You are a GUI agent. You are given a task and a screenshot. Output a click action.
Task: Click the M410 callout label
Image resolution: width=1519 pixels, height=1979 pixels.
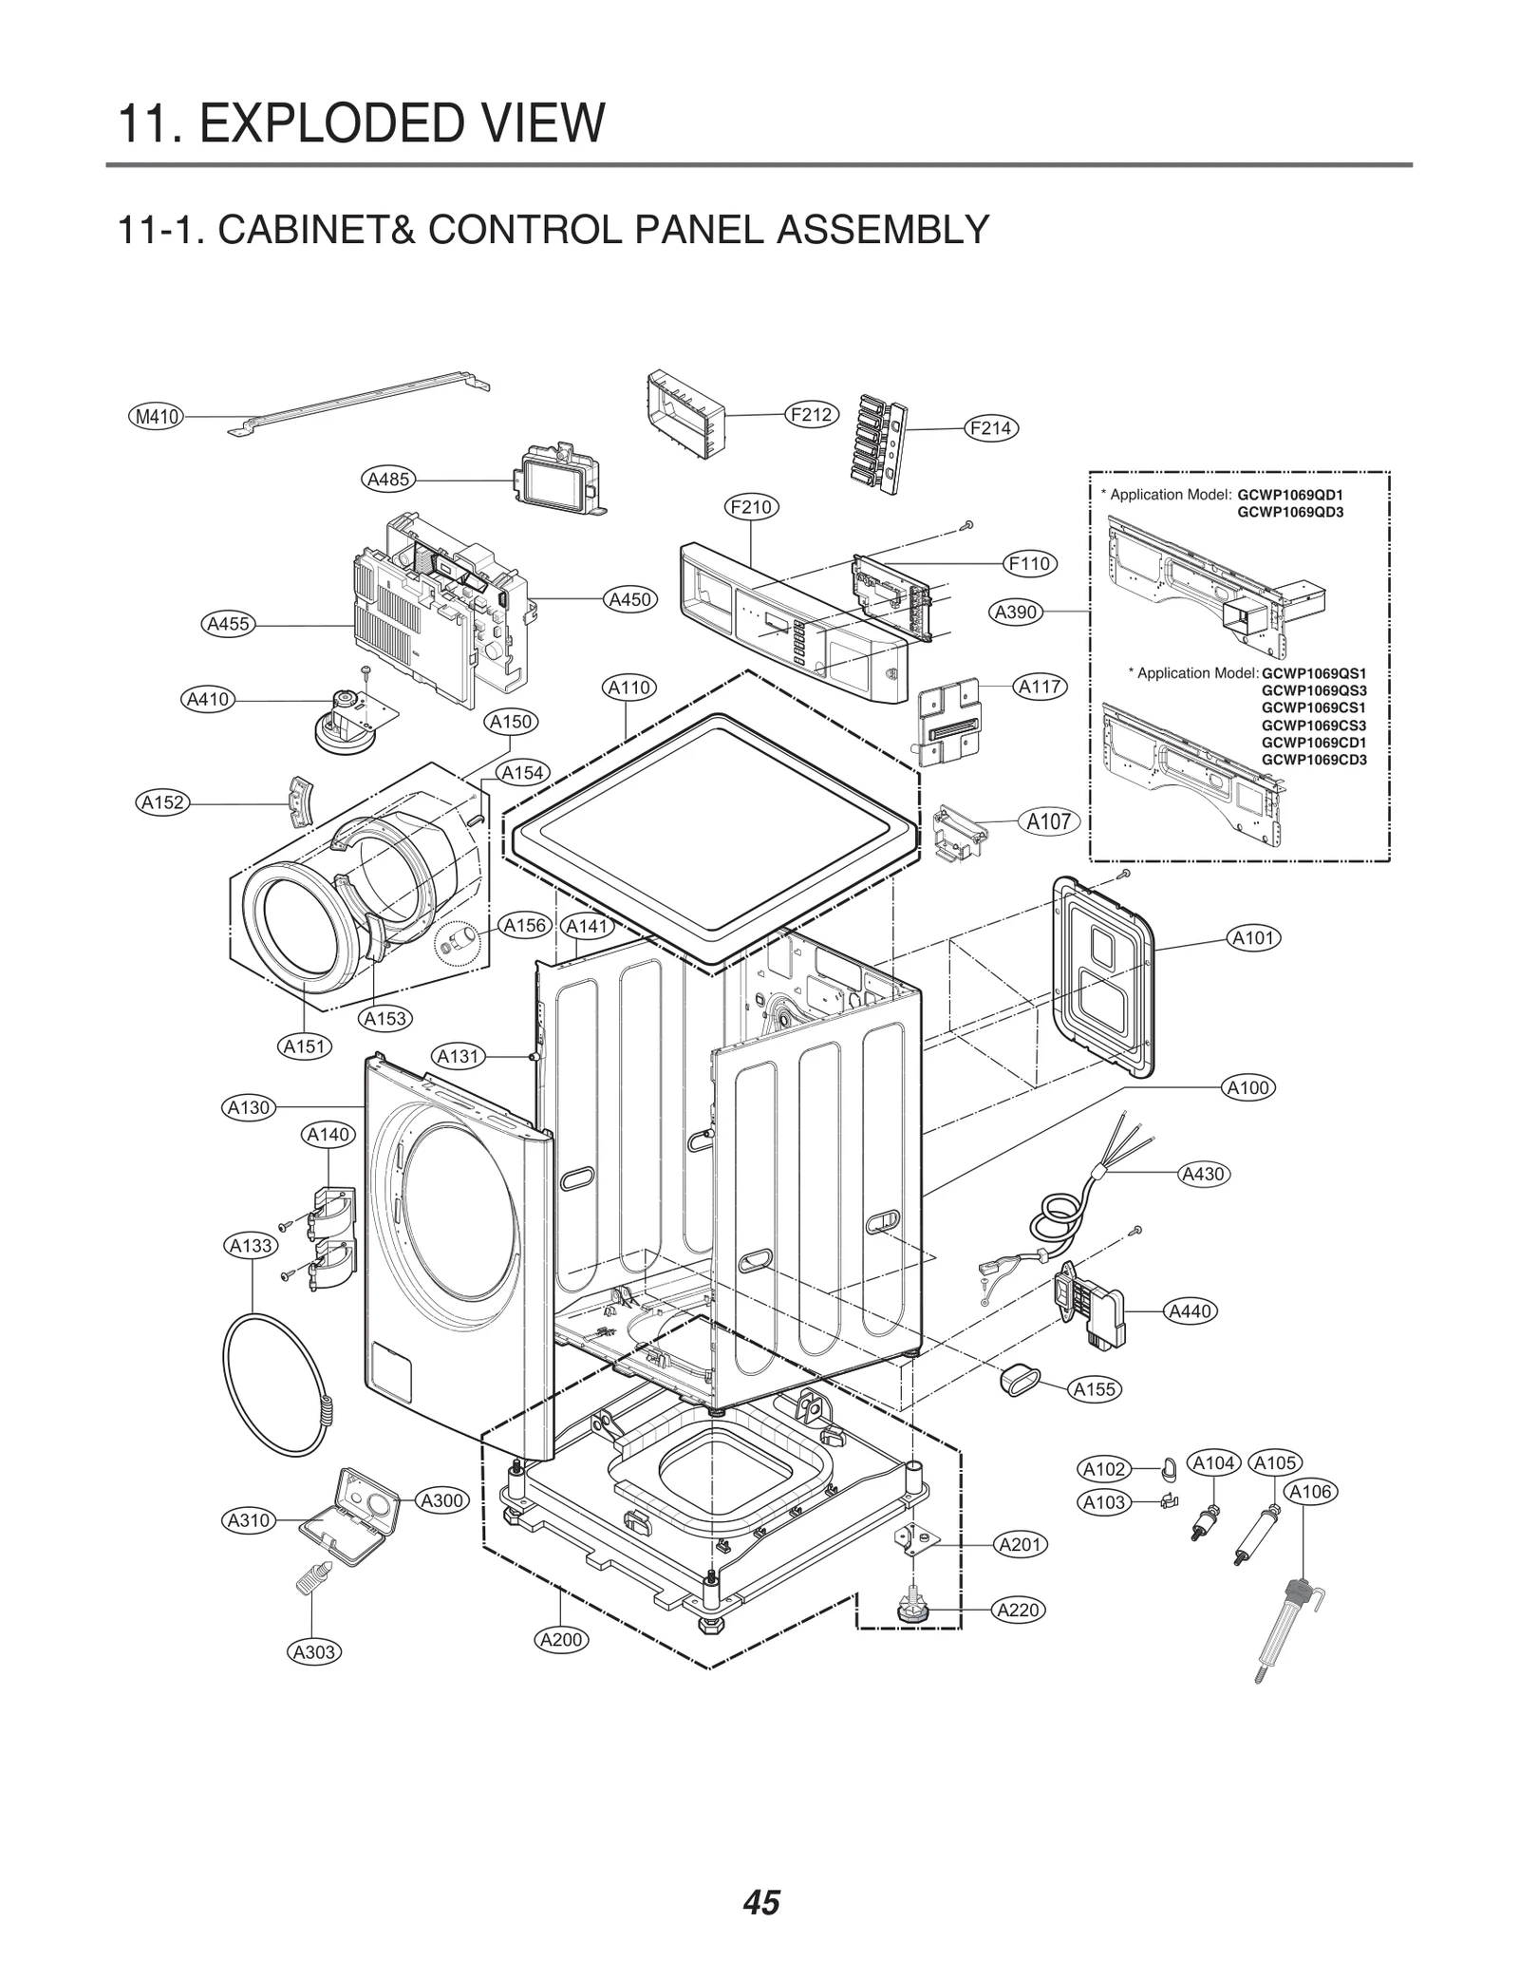coord(158,416)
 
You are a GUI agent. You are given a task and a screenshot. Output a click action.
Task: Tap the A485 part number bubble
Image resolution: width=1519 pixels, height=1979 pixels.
coord(389,479)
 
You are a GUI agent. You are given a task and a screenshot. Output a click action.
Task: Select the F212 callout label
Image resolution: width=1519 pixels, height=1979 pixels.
coord(811,414)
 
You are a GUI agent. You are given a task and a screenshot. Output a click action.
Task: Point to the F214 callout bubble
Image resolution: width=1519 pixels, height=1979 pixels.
coord(990,428)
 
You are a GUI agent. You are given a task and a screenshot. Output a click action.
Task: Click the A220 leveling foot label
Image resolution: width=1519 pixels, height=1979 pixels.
coord(1019,1610)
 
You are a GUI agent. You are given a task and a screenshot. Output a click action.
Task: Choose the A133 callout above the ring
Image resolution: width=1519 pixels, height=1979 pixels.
coord(251,1245)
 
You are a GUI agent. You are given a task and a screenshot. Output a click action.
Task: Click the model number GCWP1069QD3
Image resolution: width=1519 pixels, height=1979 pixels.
coord(1290,513)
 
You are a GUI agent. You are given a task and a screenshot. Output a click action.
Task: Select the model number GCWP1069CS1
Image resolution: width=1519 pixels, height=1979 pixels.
coord(1313,707)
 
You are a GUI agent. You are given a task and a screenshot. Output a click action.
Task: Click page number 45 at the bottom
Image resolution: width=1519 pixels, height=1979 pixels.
coord(761,1876)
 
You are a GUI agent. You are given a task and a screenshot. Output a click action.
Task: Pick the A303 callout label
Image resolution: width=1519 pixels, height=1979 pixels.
coord(314,1651)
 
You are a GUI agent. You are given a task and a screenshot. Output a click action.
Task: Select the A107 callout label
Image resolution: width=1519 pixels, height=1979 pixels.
coord(1049,821)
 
